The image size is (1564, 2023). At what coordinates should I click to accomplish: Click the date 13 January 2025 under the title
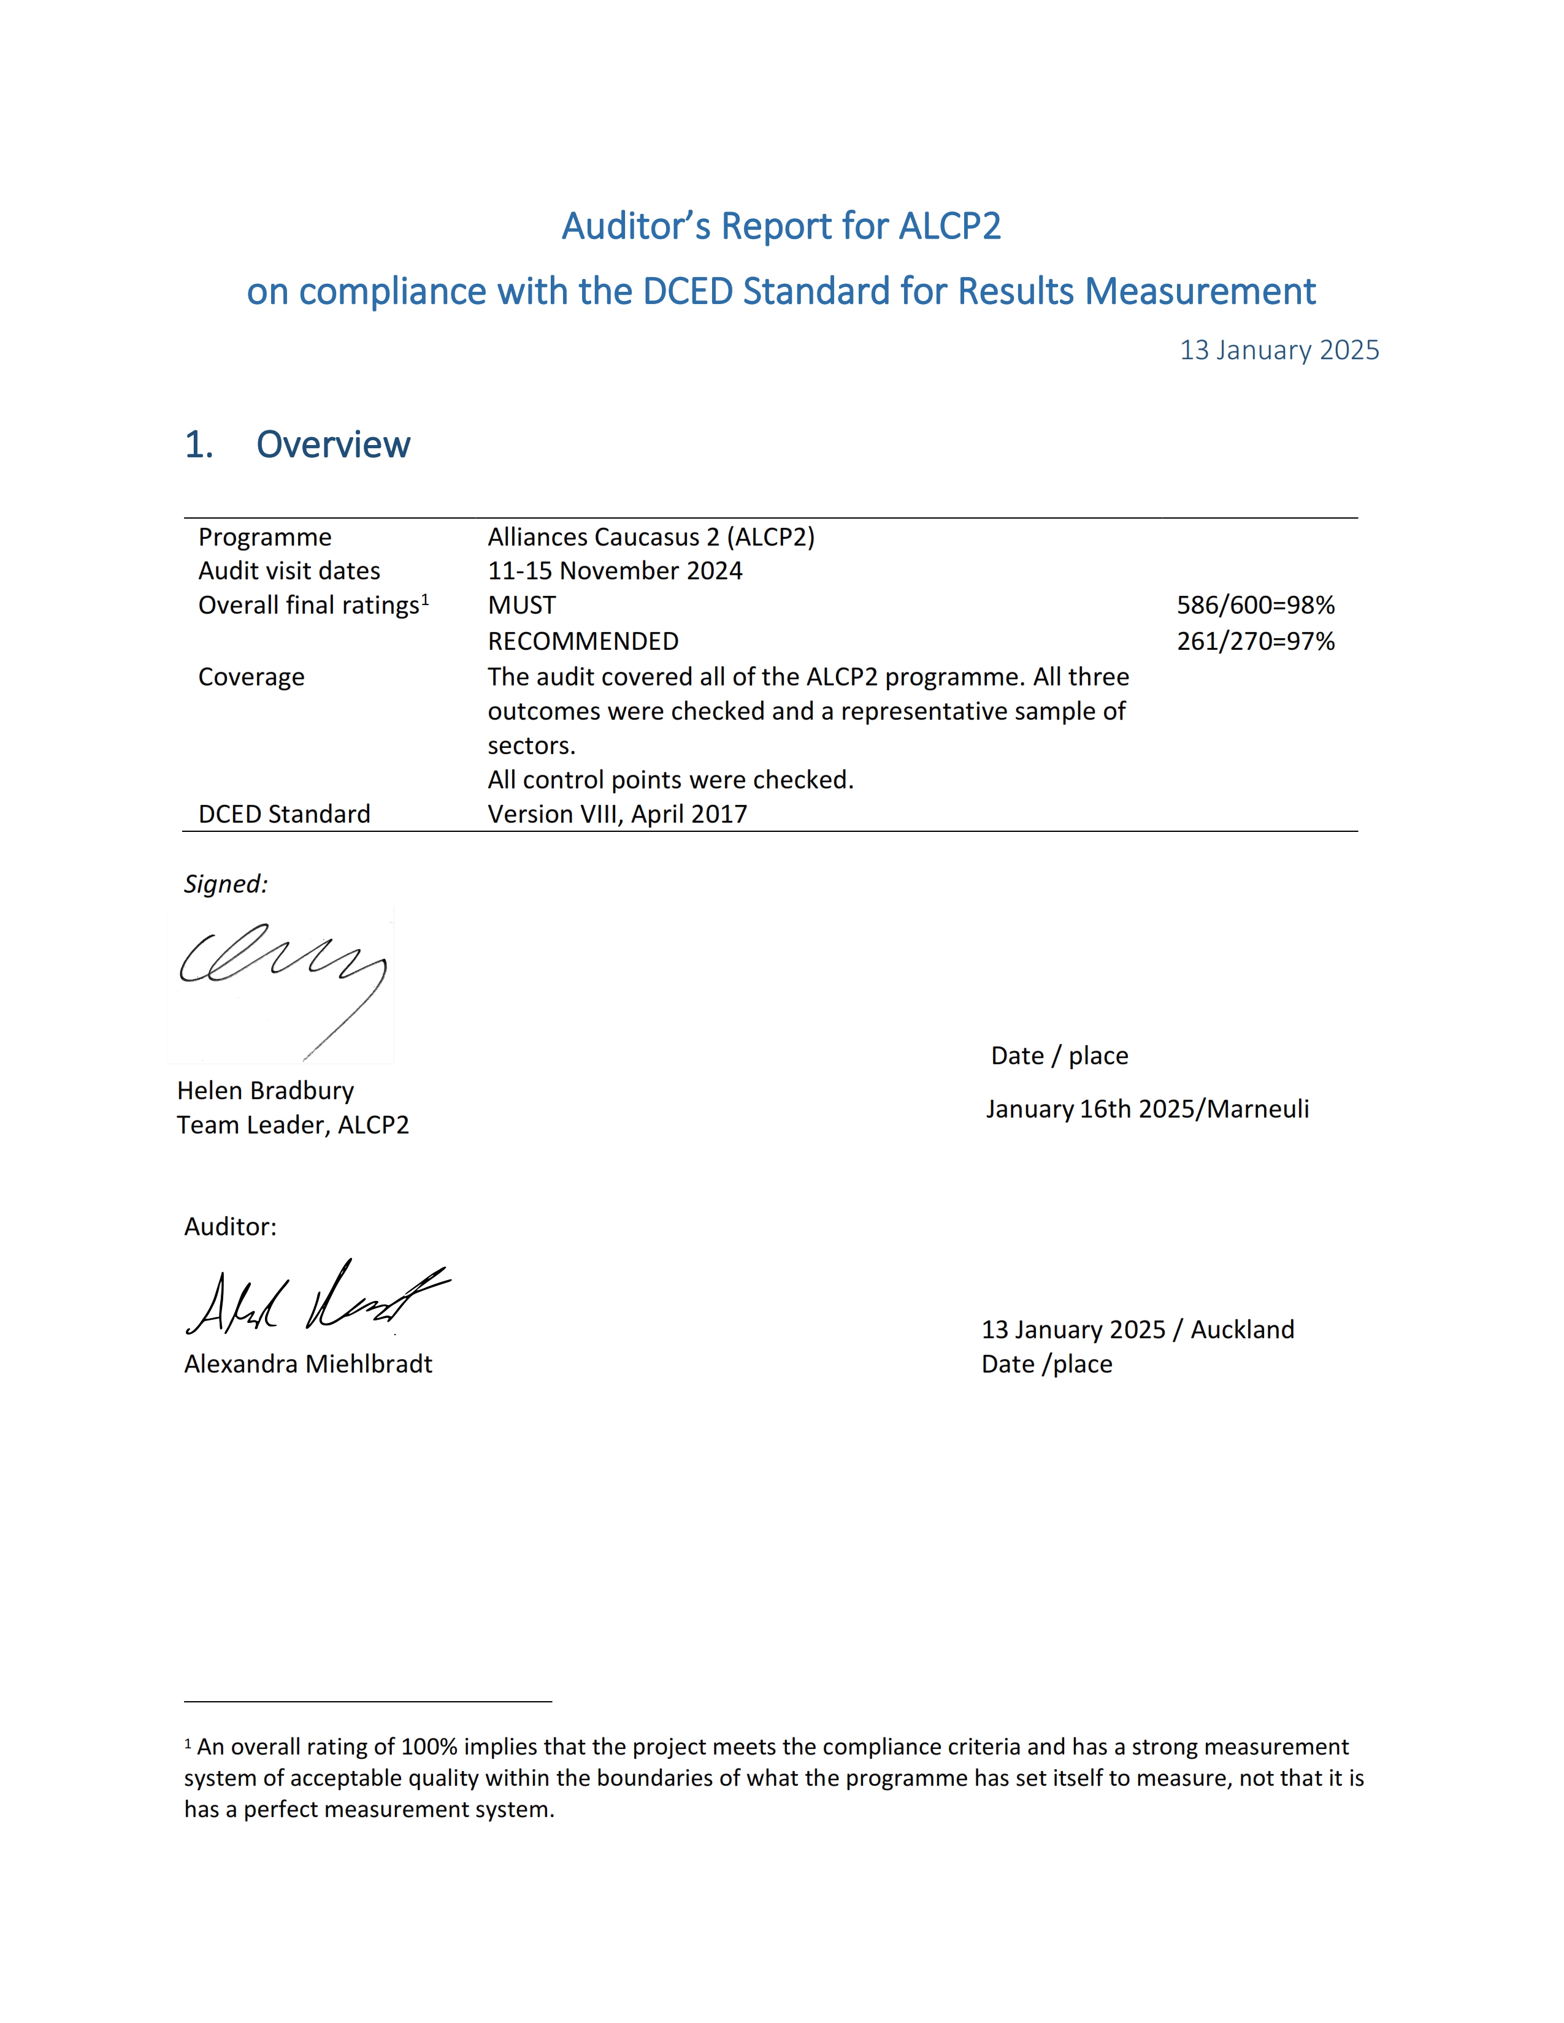[x=1279, y=350]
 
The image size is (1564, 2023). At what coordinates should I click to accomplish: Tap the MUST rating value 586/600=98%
[x=1255, y=605]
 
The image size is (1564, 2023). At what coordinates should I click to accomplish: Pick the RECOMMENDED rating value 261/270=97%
[x=1255, y=641]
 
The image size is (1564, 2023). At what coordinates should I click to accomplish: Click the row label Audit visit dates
[x=289, y=571]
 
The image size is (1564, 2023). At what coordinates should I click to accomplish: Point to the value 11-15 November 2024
[x=615, y=571]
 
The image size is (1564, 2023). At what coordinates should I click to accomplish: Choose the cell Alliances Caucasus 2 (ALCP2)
[x=651, y=537]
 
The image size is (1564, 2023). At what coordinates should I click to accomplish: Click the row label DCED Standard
[x=285, y=814]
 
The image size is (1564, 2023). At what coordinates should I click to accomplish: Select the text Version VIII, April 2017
[x=617, y=814]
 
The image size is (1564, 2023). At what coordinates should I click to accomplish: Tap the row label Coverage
[x=251, y=677]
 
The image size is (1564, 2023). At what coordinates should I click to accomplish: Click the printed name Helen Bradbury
[x=265, y=1090]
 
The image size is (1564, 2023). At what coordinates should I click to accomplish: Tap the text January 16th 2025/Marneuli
[x=1147, y=1109]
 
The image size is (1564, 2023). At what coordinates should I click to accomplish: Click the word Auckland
[x=1243, y=1329]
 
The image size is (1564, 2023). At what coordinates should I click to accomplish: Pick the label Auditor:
[x=230, y=1227]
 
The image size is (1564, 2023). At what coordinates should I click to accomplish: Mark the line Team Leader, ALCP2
[x=293, y=1124]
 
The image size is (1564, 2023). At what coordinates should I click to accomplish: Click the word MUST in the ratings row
[x=522, y=605]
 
